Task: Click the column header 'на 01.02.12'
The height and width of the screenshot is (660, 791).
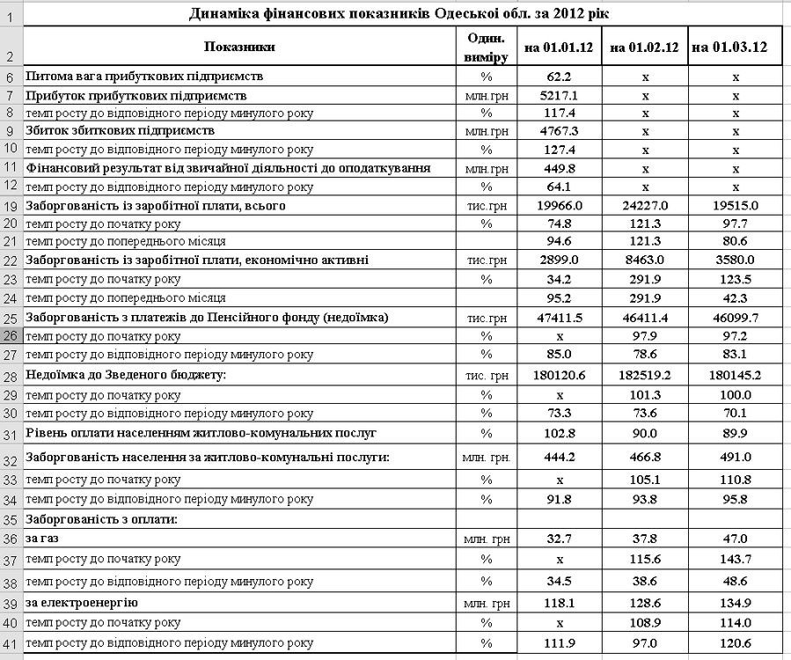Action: coord(644,48)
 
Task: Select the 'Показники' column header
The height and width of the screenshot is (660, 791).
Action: coord(238,48)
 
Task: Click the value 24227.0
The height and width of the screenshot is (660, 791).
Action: coord(644,205)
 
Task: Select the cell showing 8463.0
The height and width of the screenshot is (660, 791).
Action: coord(644,260)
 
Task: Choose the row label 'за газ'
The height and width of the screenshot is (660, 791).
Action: coord(43,538)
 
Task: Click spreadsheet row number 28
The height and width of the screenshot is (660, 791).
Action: coord(11,377)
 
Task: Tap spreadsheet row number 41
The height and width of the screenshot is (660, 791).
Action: coord(11,644)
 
